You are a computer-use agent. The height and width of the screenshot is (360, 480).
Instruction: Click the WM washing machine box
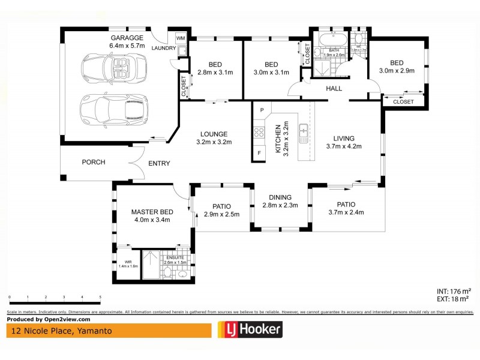click(180, 38)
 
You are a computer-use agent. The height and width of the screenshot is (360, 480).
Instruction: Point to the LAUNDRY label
click(164, 49)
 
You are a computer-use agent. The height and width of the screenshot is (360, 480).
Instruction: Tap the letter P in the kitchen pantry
click(262, 110)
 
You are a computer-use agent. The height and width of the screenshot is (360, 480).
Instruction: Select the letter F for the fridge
click(259, 154)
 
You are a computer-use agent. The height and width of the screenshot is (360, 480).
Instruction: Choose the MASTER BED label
click(152, 212)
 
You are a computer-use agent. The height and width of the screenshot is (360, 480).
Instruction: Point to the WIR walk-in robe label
click(127, 262)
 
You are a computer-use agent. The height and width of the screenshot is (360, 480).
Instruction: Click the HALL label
click(334, 89)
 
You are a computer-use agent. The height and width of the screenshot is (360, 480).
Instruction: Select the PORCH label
click(94, 162)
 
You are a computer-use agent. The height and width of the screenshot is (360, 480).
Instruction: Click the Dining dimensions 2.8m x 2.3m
click(280, 205)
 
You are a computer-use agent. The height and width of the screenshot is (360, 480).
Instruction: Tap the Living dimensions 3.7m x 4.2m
click(344, 146)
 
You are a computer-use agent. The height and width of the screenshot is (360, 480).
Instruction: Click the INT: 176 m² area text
click(453, 291)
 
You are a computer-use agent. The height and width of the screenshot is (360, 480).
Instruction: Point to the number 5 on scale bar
click(100, 298)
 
